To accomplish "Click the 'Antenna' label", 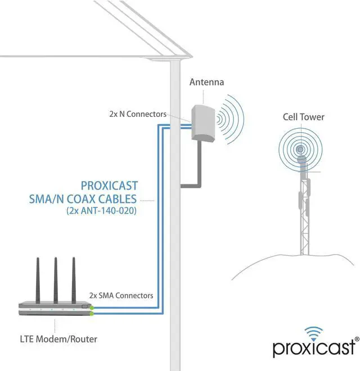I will pos(206,83).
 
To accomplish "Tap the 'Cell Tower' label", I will pos(303,117).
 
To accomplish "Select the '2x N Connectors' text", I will pos(138,114).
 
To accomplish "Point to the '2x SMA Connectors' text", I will pos(121,295).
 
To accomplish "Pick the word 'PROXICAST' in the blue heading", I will pos(110,185).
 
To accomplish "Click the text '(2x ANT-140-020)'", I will pos(102,211).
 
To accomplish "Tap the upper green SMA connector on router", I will pos(92,307).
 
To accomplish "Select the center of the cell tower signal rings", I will pos(302,150).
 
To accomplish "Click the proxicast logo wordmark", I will pos(313,349).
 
